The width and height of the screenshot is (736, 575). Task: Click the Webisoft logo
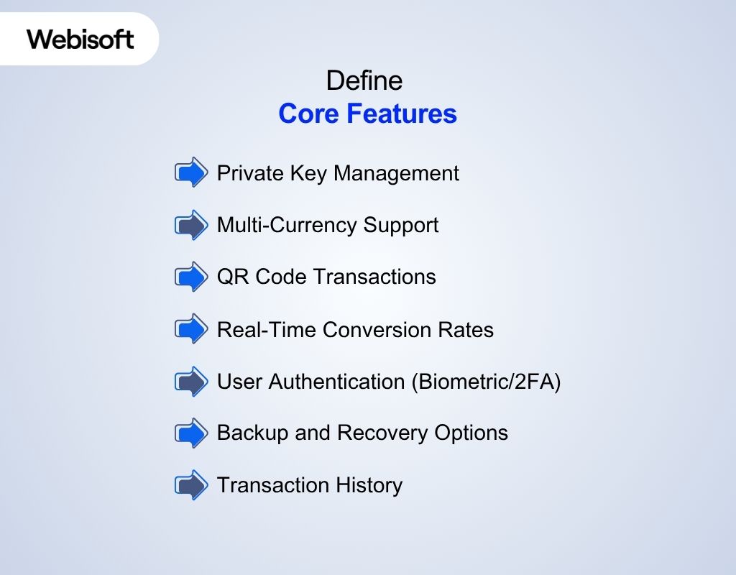(80, 39)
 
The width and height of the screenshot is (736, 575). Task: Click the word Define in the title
(364, 80)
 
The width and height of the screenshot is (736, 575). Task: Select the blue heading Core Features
(367, 114)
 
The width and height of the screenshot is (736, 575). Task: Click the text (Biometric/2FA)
(487, 381)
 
